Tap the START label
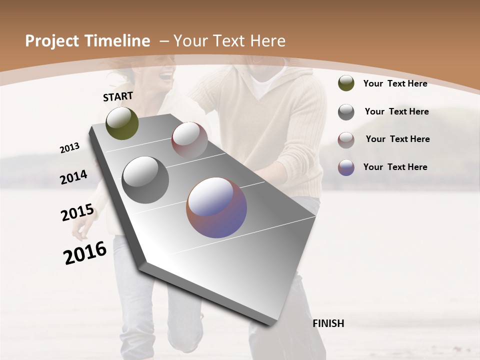tap(118, 96)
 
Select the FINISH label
tap(328, 323)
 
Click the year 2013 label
tap(69, 148)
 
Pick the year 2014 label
tap(73, 177)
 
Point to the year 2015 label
tap(77, 212)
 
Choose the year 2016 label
tap(85, 252)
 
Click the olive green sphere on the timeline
tap(122, 123)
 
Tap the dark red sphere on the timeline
tap(189, 140)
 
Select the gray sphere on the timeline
tap(145, 180)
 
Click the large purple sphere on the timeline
tap(216, 207)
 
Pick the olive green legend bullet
tap(346, 83)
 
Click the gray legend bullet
tap(346, 112)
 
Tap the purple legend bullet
tap(346, 167)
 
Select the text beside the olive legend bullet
tap(395, 83)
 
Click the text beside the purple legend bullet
tap(395, 167)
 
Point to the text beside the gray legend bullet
tap(396, 111)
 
